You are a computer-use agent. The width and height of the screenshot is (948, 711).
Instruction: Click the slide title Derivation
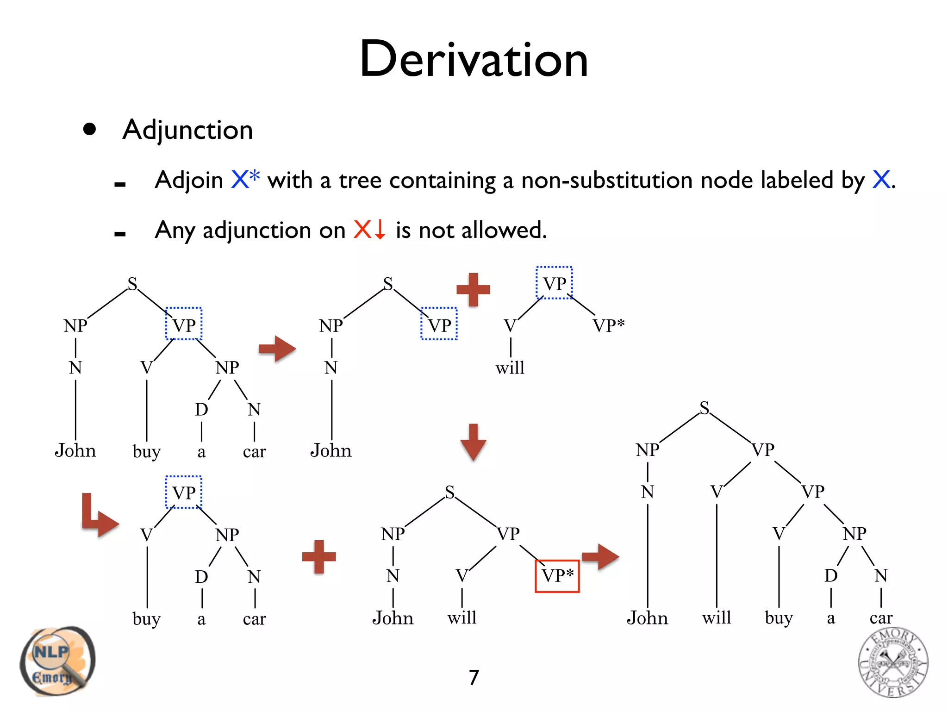pos(474,59)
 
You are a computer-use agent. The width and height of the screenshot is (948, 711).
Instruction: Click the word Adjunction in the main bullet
pos(187,130)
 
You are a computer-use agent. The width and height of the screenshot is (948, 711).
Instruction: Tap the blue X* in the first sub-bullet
pos(245,179)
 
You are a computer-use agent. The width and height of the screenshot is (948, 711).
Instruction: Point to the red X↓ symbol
pos(369,229)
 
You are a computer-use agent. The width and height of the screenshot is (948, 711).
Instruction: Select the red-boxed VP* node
pos(557,576)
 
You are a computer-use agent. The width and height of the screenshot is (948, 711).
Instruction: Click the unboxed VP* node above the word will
pos(609,325)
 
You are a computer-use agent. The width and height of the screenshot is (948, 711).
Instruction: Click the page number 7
pos(474,678)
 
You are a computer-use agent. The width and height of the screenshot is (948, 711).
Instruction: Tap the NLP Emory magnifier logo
pos(56,661)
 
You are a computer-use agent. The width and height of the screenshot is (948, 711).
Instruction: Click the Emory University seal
pos(893,662)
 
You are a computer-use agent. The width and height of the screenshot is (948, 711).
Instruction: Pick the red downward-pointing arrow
pos(473,442)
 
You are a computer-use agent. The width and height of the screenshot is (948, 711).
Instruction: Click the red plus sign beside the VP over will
pos(473,289)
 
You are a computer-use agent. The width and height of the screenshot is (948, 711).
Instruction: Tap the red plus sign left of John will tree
pos(319,556)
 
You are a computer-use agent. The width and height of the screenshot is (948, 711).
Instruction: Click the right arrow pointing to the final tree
pos(600,556)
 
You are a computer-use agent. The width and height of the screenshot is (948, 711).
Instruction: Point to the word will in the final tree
pos(717,617)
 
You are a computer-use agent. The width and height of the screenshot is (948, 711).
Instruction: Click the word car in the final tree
pos(881,617)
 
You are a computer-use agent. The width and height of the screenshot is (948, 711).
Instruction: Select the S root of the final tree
pos(704,408)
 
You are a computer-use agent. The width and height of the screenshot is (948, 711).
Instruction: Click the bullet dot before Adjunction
pos(90,129)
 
